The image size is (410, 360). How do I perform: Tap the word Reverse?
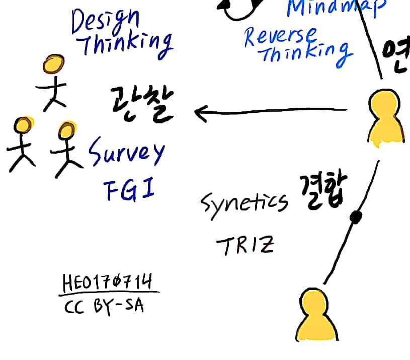pos(280,37)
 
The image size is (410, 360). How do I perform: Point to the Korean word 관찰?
pos(142,104)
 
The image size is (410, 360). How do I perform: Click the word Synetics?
pos(244,202)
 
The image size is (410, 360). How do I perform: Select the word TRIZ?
pos(245,246)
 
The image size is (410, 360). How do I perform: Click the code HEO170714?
pos(108,282)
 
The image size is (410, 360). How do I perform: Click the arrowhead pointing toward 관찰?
pos(200,112)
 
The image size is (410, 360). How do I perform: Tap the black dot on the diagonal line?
pos(356,217)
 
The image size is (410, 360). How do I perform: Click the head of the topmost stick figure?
pos(53,64)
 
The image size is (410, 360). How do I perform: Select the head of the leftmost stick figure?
pos(23,125)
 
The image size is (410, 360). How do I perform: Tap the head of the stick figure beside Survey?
pos(66,130)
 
